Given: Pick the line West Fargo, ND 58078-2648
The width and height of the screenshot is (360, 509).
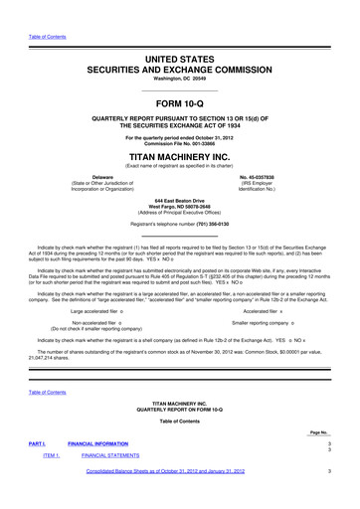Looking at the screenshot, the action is [x=180, y=205].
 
